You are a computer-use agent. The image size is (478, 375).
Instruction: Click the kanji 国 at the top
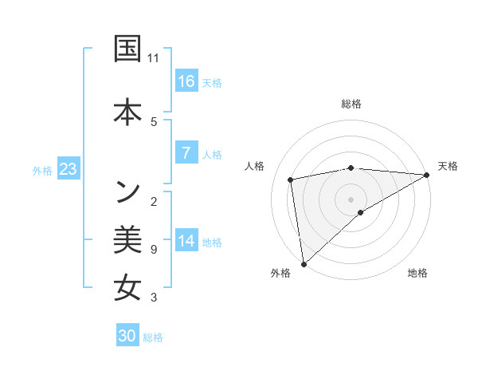tap(127, 49)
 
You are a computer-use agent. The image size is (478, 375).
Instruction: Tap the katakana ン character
tap(127, 191)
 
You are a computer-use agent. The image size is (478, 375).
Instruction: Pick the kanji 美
tap(127, 239)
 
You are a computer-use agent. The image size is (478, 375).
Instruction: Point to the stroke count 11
tap(154, 58)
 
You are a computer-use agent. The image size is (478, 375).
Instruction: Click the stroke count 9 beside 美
tap(153, 250)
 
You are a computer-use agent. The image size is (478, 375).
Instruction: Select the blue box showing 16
tap(186, 81)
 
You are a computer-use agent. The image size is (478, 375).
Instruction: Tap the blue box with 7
tap(186, 153)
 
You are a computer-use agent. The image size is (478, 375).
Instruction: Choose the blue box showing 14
tap(186, 241)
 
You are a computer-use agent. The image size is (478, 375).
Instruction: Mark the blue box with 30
tap(127, 336)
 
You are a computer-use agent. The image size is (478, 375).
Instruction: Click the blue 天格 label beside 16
tap(212, 82)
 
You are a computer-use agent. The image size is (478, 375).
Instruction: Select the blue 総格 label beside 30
tap(153, 337)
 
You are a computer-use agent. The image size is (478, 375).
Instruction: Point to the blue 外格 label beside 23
tap(41, 170)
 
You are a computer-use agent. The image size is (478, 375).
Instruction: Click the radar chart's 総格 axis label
tap(351, 104)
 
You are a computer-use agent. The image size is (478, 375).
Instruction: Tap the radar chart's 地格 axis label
tap(417, 273)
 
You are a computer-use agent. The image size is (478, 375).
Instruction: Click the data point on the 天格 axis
tap(427, 175)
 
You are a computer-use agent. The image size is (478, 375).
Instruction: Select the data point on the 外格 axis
tap(303, 263)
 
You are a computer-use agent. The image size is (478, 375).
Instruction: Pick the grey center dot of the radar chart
tap(351, 199)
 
